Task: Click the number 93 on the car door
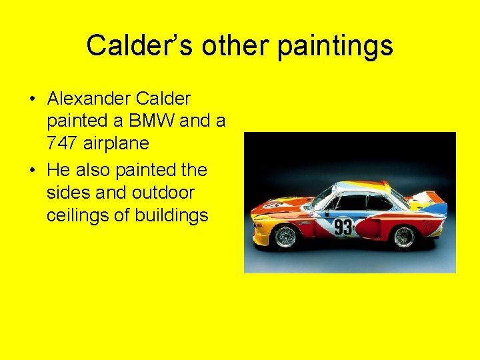343,227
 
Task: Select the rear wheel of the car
403,236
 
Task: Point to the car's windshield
323,198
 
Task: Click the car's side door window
353,203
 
